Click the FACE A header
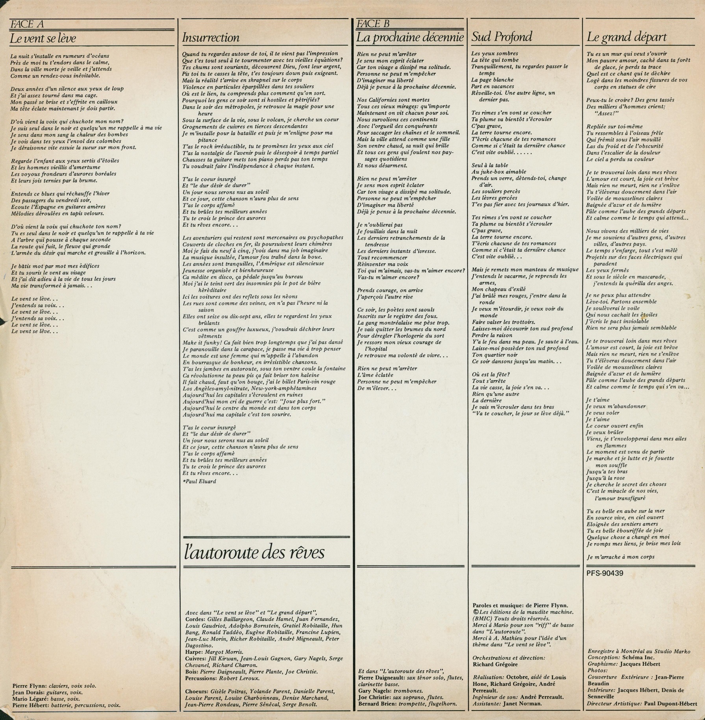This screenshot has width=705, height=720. (x=27, y=24)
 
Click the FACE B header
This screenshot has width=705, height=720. (x=373, y=24)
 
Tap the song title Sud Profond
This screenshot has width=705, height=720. (x=501, y=37)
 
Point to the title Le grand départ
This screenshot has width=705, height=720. (x=627, y=37)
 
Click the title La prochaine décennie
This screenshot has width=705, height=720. (x=411, y=38)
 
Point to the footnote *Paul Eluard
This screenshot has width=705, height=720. (x=199, y=481)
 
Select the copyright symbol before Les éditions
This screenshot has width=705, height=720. (x=475, y=612)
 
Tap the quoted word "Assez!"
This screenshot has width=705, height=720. (x=604, y=113)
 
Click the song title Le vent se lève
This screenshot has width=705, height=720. (x=43, y=39)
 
